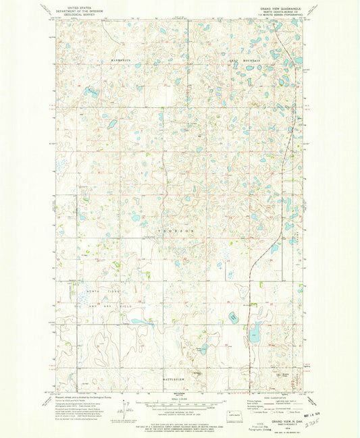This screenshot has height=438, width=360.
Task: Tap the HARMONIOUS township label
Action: [x=117, y=59]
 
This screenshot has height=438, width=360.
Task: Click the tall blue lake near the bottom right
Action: [x=257, y=332]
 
